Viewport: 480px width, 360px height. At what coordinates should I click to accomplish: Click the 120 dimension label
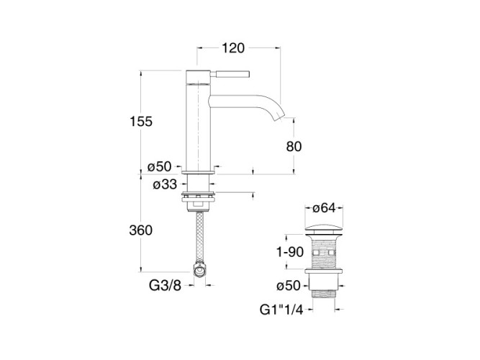point(233,48)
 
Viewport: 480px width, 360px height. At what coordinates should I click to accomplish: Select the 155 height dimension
point(141,122)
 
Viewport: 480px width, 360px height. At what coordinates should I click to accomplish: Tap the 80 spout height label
point(294,146)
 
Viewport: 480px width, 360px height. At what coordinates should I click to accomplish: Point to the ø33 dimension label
point(165,184)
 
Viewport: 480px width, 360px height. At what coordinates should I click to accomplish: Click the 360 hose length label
point(141,230)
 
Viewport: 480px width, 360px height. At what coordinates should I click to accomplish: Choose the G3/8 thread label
point(165,286)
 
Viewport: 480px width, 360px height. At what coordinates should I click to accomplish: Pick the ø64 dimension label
point(324,208)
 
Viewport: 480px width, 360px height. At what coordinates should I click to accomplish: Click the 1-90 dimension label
point(290,252)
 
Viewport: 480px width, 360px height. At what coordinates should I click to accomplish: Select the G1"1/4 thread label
point(281,310)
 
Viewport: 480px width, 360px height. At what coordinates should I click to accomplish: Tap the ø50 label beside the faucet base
point(159,167)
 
